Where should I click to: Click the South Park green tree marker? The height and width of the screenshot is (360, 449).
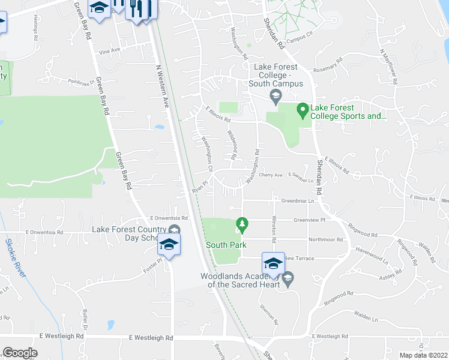point(242,224)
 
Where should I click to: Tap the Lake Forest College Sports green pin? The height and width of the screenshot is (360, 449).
point(303,110)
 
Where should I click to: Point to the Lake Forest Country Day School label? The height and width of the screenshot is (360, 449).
point(129,233)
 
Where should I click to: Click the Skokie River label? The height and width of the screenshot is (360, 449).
point(15,258)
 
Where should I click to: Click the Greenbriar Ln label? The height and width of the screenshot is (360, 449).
point(298,202)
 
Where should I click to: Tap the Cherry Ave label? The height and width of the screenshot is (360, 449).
point(270,175)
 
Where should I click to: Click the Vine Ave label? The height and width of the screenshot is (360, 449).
point(110,50)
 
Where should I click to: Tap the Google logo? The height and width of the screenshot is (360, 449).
point(20,353)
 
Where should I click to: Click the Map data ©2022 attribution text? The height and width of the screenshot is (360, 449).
point(423,355)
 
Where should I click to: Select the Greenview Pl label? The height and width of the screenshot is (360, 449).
point(309,220)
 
